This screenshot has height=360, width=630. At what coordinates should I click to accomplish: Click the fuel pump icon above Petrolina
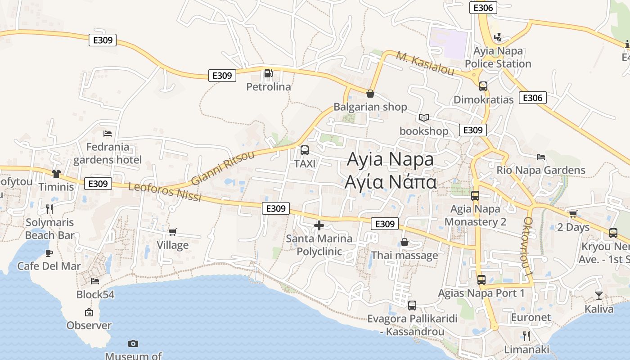coord(268,73)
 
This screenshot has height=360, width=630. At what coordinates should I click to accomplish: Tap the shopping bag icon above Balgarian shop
coord(370,94)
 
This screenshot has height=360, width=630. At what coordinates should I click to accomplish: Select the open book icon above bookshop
coord(424,117)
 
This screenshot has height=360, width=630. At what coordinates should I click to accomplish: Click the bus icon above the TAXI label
coord(305,150)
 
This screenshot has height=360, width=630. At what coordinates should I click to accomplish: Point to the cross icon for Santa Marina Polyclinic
coord(319,225)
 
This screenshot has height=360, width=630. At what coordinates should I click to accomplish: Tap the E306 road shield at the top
coord(483,8)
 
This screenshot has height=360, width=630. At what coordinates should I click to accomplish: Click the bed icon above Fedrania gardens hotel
coord(108,134)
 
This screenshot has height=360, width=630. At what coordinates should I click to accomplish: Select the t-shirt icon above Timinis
coord(56,173)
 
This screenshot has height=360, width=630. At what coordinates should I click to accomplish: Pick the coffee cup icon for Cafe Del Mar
coord(49,253)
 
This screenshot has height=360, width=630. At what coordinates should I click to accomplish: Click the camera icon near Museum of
coord(133,343)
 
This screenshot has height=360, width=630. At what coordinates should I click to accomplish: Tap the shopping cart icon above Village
coord(172,232)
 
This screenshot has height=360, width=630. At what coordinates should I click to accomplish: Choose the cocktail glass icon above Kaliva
coord(598,296)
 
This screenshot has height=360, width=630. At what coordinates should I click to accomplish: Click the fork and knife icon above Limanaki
coord(526,336)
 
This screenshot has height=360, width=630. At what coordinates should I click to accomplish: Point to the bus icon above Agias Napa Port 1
coord(481,280)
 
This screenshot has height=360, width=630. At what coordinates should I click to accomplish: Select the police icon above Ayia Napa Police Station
coord(498,37)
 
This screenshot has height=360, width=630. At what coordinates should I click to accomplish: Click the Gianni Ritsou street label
coord(222,167)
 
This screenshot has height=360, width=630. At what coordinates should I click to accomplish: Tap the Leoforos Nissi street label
coord(165,192)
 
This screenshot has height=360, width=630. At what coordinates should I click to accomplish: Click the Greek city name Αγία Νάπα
coord(390,182)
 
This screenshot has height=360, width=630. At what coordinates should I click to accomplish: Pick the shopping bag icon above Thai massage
coord(405,243)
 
